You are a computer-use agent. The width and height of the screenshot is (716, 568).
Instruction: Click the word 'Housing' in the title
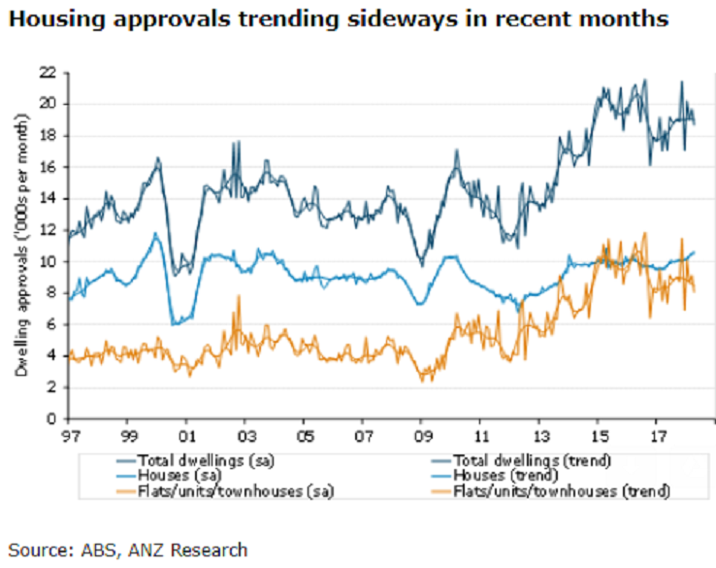(49, 20)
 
